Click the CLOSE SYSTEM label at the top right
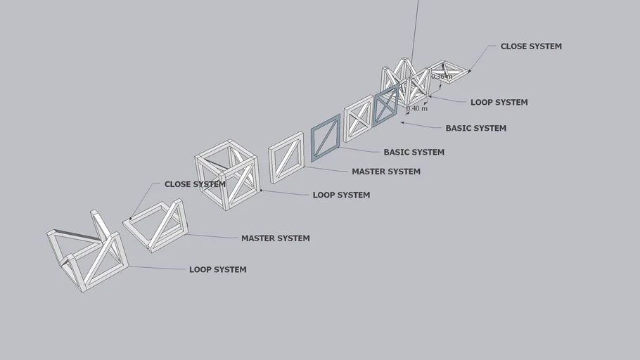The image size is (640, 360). click(x=531, y=46)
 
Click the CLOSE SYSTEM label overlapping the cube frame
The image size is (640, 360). click(x=195, y=184)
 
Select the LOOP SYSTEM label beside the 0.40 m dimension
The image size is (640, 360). click(x=499, y=103)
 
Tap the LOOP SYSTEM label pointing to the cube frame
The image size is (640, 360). click(x=341, y=195)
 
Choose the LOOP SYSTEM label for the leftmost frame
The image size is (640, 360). click(x=217, y=269)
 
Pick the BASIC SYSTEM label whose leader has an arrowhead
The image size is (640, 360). click(x=475, y=129)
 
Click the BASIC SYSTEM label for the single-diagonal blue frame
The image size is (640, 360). click(x=414, y=152)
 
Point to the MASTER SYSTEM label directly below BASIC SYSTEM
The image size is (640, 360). click(x=386, y=172)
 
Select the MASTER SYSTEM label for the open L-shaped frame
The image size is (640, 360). click(x=275, y=238)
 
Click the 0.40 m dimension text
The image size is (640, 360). click(x=417, y=109)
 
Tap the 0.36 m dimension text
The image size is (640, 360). click(x=442, y=76)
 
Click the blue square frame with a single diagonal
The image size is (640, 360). click(x=326, y=139)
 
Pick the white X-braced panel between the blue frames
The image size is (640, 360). click(x=358, y=119)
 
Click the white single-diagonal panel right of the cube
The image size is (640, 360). click(x=286, y=158)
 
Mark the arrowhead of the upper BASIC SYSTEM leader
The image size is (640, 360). click(x=402, y=122)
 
